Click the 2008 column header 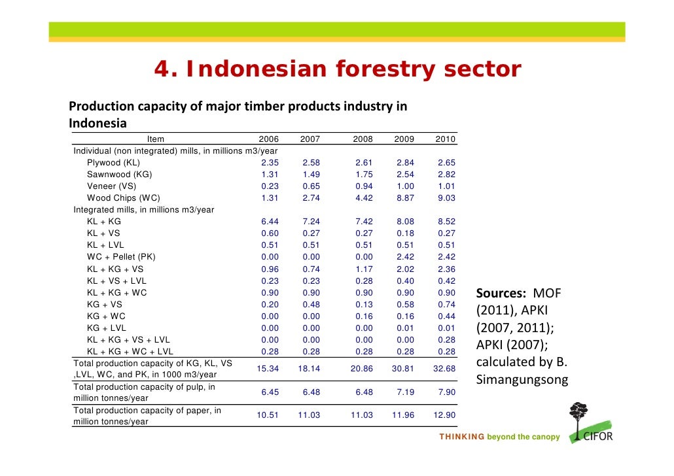point(363,139)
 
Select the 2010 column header point(445,139)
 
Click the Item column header point(156,139)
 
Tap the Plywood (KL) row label point(113,163)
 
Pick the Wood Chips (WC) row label point(124,198)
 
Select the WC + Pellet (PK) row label point(121,257)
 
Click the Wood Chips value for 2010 point(446,198)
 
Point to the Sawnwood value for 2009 point(404,175)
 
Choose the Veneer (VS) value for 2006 point(270,186)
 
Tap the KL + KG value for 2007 point(311,222)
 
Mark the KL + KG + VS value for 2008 point(364,269)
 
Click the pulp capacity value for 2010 point(446,392)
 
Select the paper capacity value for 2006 point(267,416)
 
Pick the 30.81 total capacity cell point(402,369)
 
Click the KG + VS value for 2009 point(404,304)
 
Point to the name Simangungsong point(522,380)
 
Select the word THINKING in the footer point(462,437)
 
